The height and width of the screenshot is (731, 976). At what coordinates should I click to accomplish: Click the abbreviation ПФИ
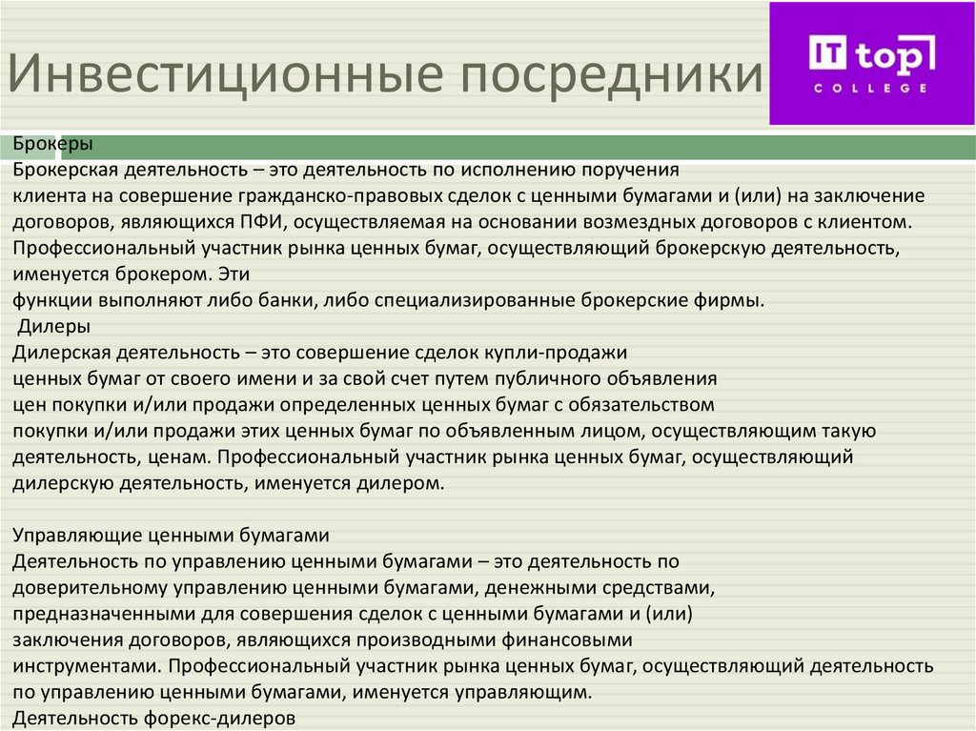click(254, 223)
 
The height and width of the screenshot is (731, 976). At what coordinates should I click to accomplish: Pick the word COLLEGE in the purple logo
click(870, 88)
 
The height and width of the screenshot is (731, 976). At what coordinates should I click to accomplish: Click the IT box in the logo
click(826, 52)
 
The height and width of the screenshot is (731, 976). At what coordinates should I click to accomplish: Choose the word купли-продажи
click(557, 353)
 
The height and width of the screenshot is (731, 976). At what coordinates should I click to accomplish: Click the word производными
click(428, 639)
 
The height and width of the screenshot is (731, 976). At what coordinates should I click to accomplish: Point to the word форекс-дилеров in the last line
click(223, 717)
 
